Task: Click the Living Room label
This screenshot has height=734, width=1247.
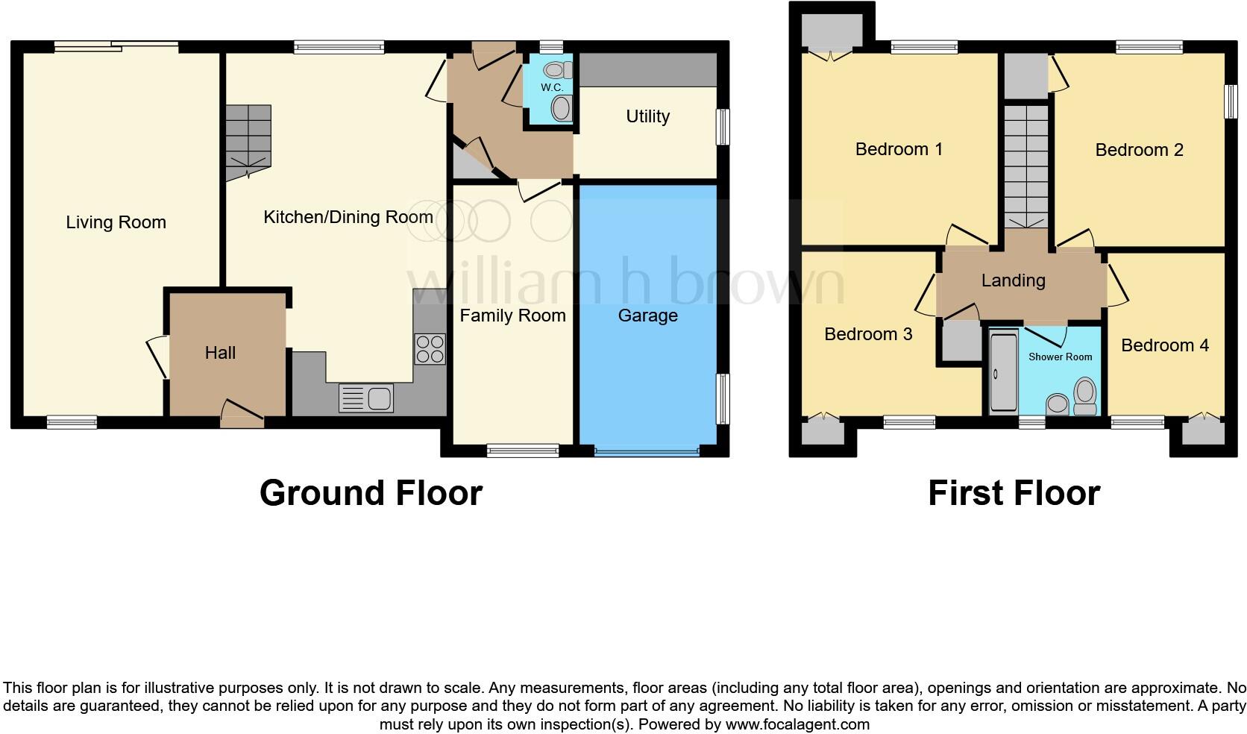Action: [x=116, y=222]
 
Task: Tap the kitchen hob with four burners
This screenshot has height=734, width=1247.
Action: [x=430, y=349]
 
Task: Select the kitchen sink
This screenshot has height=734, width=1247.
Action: [x=365, y=398]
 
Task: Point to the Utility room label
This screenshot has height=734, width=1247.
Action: [x=647, y=116]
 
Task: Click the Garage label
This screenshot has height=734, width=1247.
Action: [x=647, y=316]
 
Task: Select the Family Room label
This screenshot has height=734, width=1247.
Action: [x=512, y=316]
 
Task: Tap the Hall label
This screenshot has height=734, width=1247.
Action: [x=220, y=353]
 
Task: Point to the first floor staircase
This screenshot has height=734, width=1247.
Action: [x=1025, y=166]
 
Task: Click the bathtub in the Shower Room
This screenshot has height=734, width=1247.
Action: [x=1001, y=371]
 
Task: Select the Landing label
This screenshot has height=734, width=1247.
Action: [x=1013, y=280]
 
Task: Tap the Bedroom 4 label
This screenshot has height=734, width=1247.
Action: [x=1164, y=345]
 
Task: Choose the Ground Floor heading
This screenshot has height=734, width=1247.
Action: [x=371, y=493]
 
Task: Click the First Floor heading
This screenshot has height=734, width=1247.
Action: [x=1014, y=493]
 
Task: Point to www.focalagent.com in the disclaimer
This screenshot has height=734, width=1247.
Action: [x=797, y=724]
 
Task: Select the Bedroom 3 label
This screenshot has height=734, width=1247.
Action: [x=868, y=334]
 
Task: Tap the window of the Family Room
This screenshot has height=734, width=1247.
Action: [x=522, y=451]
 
